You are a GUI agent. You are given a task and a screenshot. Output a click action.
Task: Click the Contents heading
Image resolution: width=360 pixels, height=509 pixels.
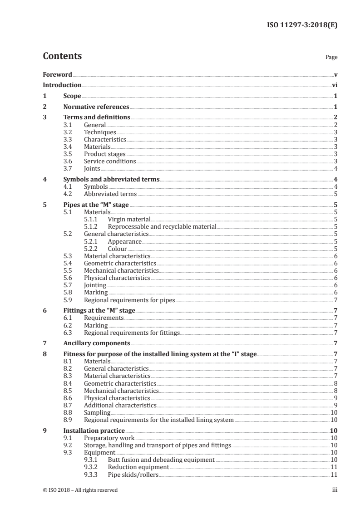tap(62, 57)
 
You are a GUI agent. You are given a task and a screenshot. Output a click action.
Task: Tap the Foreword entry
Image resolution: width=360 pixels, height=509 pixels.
tap(57, 74)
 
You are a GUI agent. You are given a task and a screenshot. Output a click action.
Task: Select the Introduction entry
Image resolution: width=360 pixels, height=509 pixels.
tap(62, 85)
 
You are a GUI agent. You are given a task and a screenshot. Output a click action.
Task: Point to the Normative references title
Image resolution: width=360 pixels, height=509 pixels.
tap(96, 107)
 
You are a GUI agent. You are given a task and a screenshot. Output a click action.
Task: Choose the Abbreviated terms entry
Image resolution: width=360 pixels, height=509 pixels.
tap(110, 194)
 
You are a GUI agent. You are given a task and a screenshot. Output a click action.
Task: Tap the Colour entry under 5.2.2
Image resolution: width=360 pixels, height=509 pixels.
tap(117, 249)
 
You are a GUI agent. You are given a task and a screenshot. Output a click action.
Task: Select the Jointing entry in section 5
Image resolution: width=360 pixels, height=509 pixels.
tap(95, 285)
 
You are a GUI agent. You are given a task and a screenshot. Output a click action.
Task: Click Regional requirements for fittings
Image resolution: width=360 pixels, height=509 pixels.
tap(132, 333)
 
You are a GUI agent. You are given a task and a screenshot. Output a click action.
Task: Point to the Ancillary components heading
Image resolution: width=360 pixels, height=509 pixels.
tap(97, 343)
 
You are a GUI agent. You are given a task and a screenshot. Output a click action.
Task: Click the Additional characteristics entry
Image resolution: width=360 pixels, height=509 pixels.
tap(120, 405)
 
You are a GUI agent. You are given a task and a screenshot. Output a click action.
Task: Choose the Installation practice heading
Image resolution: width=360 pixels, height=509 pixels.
tap(94, 431)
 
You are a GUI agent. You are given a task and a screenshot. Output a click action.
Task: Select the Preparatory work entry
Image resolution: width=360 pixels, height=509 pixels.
tap(109, 438)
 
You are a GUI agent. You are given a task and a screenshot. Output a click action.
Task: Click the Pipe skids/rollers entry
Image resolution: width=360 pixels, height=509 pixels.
tap(133, 475)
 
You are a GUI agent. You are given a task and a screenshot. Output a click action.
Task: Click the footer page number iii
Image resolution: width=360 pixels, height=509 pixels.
tap(335, 490)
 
